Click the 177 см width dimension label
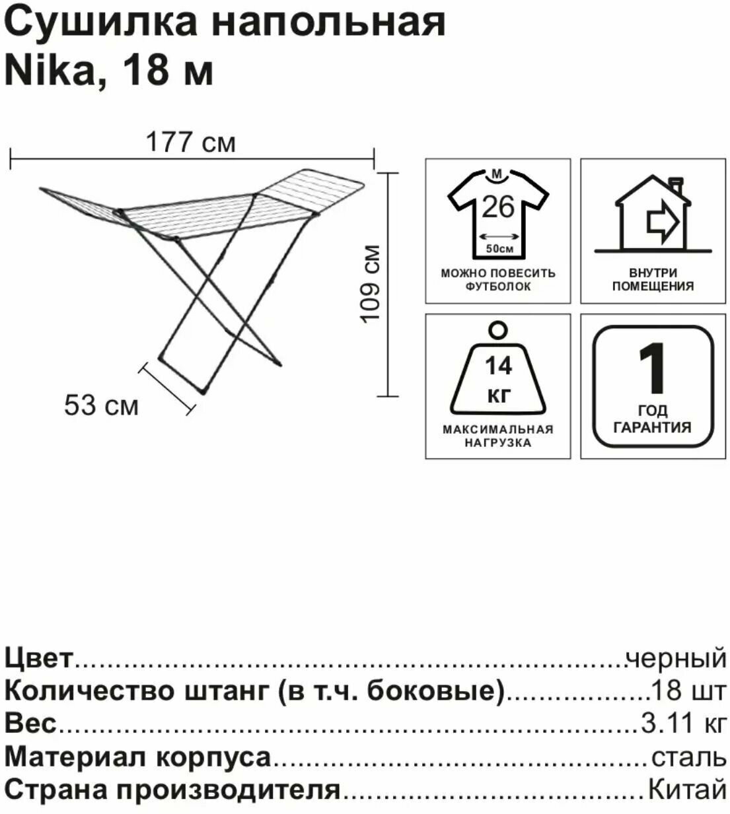coord(190,142)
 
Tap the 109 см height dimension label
coord(372,284)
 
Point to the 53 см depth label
coord(101,405)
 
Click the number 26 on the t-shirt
coord(497,207)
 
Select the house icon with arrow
coord(653,215)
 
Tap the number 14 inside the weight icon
coord(498,365)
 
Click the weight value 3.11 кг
coord(683,724)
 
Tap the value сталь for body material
coord(688,757)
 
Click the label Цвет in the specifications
coord(38,658)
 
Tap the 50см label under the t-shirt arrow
coord(499,250)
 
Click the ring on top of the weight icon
coord(497,329)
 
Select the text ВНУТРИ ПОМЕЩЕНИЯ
coord(653,279)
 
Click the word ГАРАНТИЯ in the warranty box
coord(653,427)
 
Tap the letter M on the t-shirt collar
coord(498,174)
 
